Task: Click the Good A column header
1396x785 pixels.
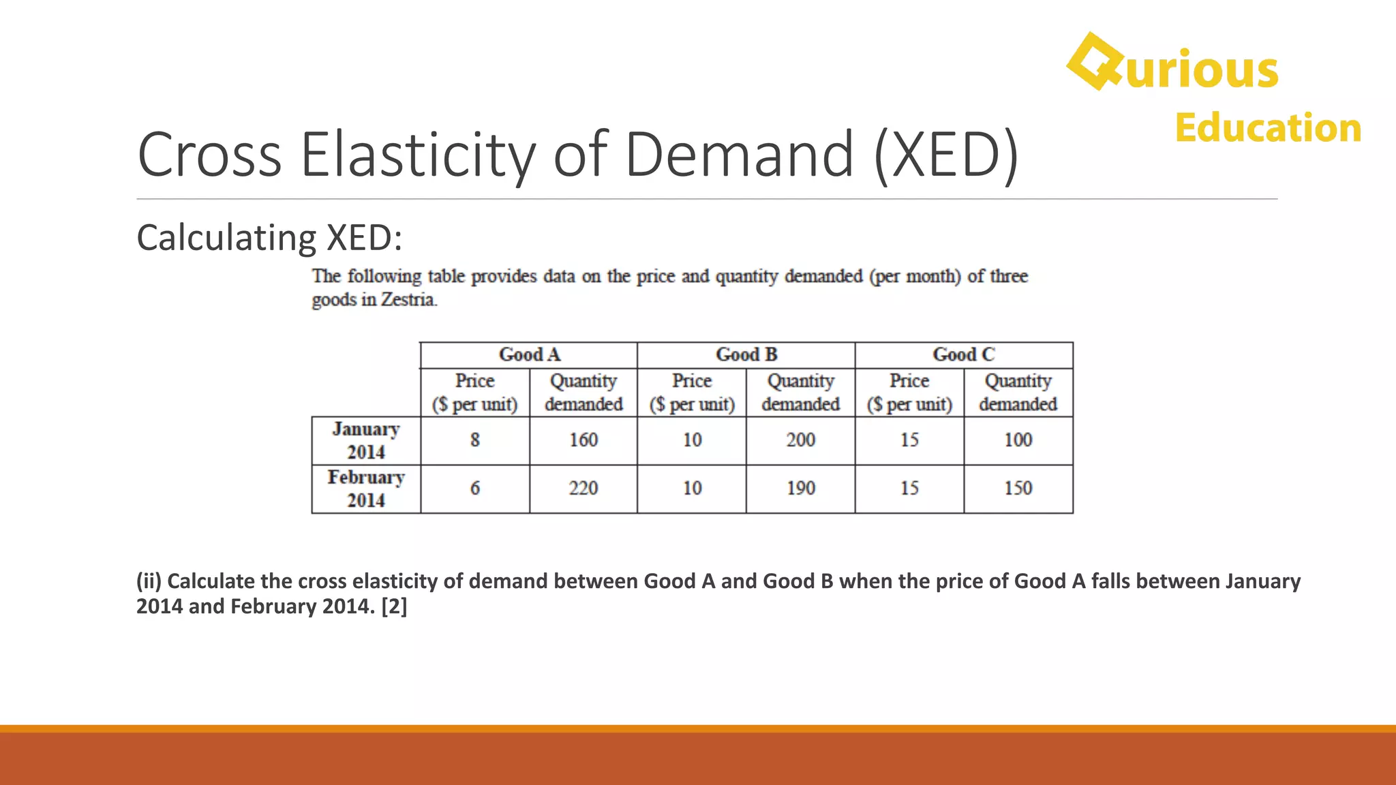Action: (x=529, y=355)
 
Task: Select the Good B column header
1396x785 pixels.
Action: (x=746, y=355)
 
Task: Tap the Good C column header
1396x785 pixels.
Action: (x=964, y=355)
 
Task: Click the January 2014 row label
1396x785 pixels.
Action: (x=366, y=441)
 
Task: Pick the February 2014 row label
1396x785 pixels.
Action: (x=366, y=489)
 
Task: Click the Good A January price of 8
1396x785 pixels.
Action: (x=475, y=440)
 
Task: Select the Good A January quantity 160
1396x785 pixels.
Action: (x=583, y=440)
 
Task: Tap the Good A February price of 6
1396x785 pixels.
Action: (x=475, y=489)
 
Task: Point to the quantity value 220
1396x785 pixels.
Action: (x=583, y=489)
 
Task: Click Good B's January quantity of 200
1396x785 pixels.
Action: (x=801, y=440)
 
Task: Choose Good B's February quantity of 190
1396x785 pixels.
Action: (x=801, y=489)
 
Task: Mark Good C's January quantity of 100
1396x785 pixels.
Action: (x=1018, y=440)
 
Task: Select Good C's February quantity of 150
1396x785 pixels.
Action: (x=1018, y=489)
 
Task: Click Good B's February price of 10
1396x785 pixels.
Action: (x=692, y=489)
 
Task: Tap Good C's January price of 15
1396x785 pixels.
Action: (x=909, y=440)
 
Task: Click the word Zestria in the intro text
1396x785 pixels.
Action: (x=408, y=300)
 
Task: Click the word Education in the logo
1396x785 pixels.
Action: (x=1268, y=128)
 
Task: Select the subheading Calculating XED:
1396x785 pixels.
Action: (x=269, y=238)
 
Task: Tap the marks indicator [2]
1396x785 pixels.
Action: (x=394, y=606)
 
